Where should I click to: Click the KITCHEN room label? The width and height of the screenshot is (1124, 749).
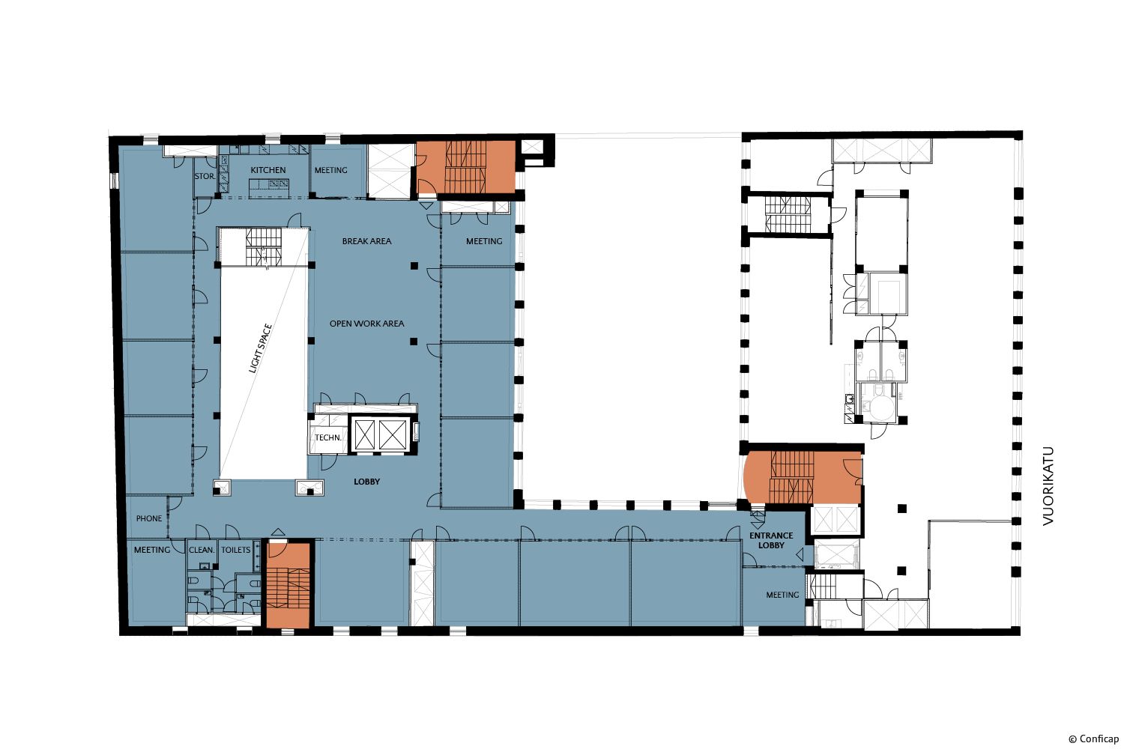[268, 170]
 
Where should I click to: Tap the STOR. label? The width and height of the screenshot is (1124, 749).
[205, 176]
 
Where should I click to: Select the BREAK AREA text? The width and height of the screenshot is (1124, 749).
[367, 241]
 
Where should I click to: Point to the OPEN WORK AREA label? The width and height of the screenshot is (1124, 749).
[367, 324]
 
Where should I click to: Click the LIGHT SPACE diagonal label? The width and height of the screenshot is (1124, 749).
[261, 349]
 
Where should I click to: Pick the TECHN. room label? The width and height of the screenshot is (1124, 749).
[328, 437]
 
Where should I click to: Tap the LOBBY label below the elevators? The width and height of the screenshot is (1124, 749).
[367, 482]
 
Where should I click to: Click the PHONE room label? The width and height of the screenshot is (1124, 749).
[149, 518]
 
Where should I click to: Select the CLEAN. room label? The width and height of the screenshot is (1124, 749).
[202, 550]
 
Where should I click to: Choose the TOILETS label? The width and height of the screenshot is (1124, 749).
[236, 550]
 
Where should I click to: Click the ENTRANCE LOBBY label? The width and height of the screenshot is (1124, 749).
[771, 540]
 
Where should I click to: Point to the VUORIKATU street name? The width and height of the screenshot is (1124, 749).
[1048, 486]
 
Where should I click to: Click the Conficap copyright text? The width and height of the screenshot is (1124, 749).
[1094, 739]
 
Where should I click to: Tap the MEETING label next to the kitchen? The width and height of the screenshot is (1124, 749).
[330, 170]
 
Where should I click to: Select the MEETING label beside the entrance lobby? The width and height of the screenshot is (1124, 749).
[782, 595]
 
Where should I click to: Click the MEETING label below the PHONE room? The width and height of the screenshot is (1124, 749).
[152, 550]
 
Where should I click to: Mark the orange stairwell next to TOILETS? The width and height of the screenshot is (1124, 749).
[288, 585]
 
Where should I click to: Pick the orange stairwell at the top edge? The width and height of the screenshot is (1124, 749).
[466, 167]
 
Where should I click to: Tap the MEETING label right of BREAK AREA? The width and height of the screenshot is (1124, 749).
[484, 241]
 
